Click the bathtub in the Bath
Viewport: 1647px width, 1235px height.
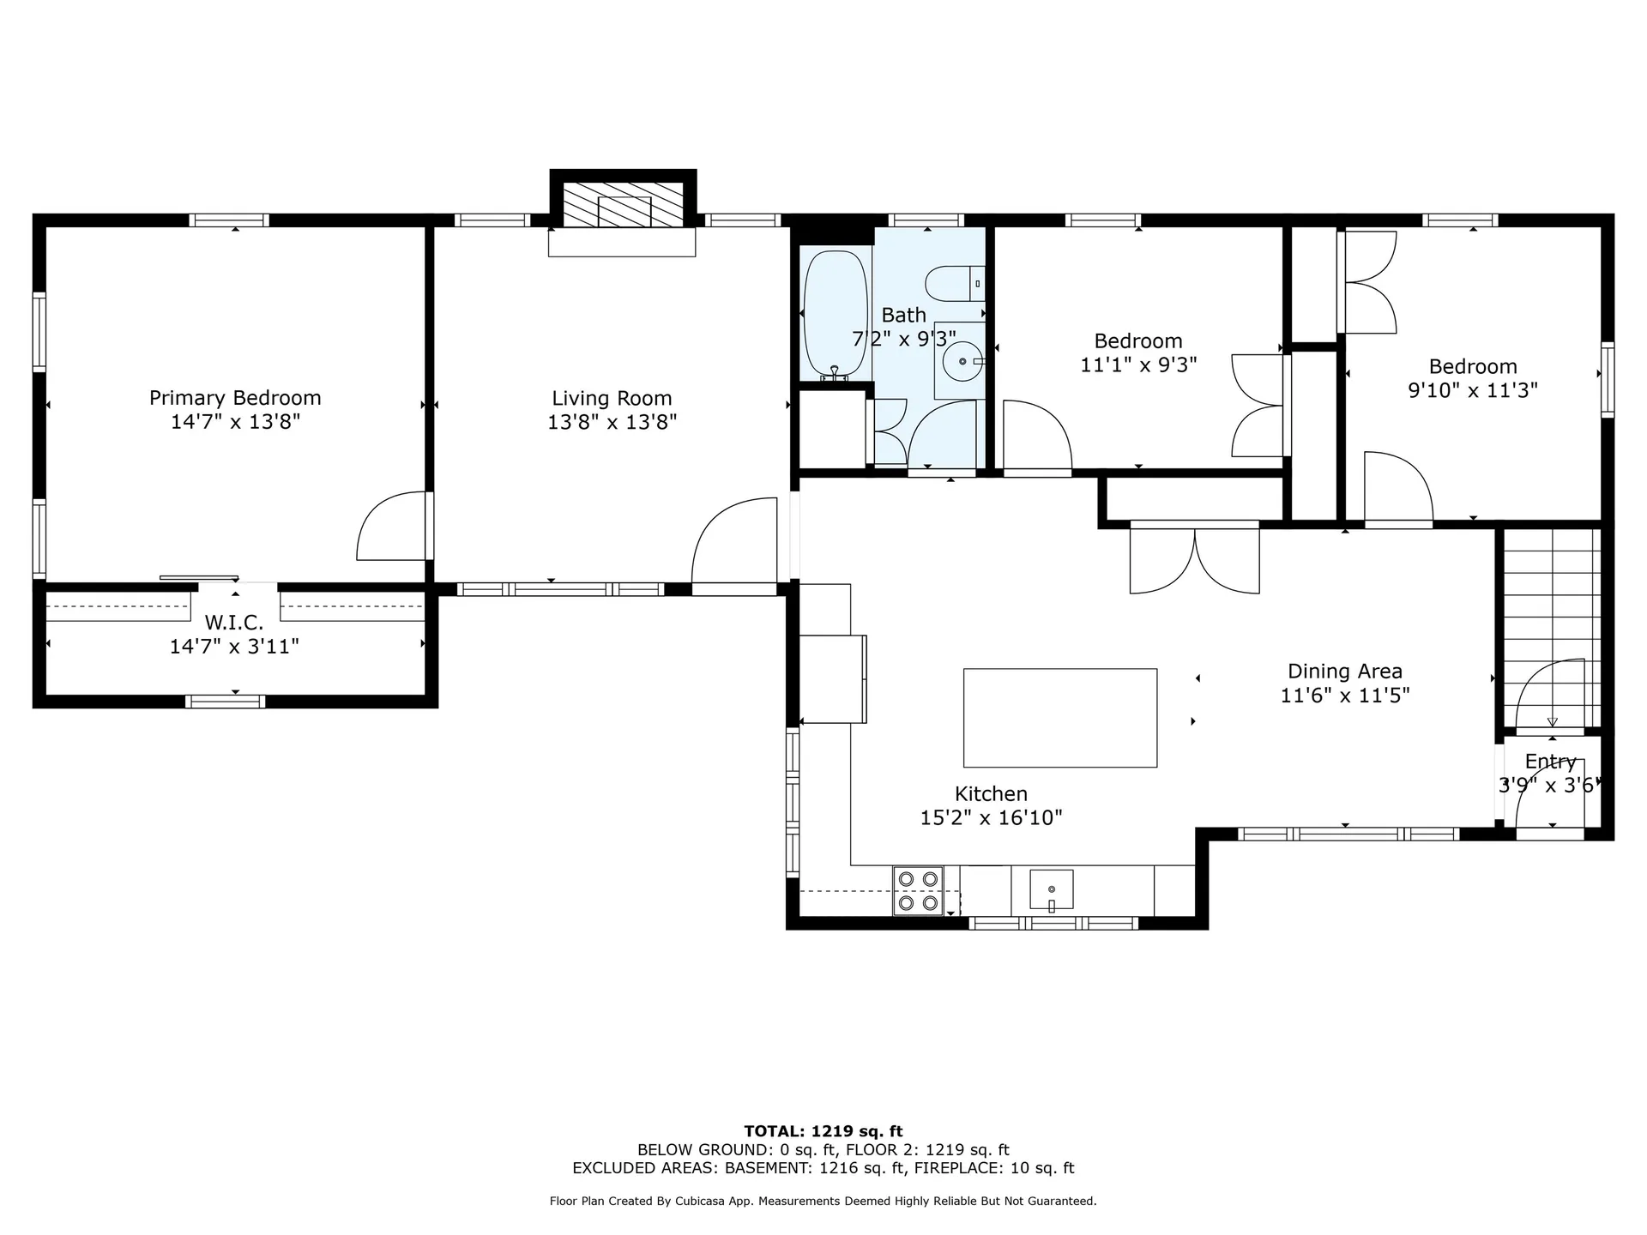coord(835,313)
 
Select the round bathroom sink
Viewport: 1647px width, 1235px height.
coord(962,362)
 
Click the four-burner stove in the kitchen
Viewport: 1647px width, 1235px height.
coord(918,891)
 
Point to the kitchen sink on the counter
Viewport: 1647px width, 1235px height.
coord(1051,889)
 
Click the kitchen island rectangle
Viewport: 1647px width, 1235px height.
coord(1059,718)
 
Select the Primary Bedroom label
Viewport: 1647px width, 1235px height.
coord(235,398)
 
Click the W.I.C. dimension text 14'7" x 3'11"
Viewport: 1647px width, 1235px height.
coord(234,647)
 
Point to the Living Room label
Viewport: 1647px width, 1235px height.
coord(612,398)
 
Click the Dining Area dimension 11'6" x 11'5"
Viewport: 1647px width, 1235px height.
coord(1344,696)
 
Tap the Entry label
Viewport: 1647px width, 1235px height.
coord(1550,762)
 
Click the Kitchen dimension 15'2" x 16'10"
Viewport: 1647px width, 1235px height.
coord(991,818)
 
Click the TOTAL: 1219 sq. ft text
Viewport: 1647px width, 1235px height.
coord(823,1131)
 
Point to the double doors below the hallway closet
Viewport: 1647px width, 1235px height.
coord(1194,559)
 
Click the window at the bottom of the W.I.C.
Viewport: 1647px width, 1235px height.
coord(226,702)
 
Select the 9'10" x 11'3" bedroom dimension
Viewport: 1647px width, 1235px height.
coord(1472,390)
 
